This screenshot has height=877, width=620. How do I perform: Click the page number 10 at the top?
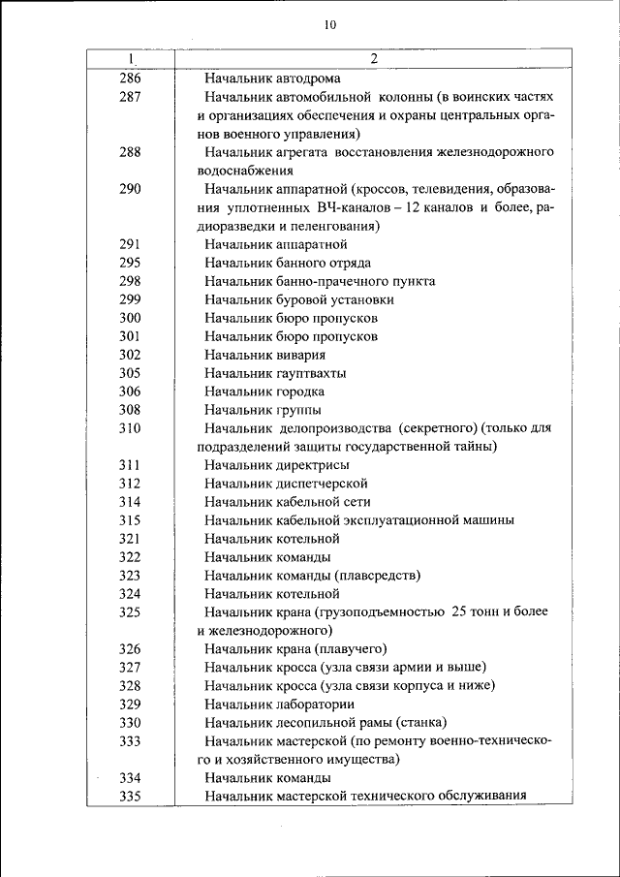click(330, 26)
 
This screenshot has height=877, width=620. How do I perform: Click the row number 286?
click(130, 78)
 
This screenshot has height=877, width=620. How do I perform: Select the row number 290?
click(130, 189)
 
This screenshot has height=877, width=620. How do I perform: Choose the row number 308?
click(130, 410)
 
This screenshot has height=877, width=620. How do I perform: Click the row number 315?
click(130, 520)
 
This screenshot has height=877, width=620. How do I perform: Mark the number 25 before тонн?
click(459, 612)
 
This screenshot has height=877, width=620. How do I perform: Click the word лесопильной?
click(318, 723)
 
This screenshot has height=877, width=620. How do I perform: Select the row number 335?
click(130, 797)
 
